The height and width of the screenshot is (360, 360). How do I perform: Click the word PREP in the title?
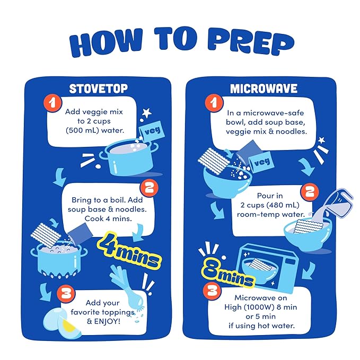tap(251, 42)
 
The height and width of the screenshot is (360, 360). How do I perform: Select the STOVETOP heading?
tap(98, 89)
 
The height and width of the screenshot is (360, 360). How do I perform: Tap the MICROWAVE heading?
tap(264, 89)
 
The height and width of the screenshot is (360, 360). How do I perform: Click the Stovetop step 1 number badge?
tap(53, 103)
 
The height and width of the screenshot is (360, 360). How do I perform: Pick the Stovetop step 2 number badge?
tap(149, 188)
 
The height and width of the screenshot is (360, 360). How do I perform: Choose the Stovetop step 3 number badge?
tap(66, 294)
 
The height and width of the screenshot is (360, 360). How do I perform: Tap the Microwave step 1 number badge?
tap(214, 103)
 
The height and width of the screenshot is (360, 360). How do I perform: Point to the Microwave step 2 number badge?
tap(310, 192)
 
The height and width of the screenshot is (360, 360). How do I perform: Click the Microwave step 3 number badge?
tap(212, 291)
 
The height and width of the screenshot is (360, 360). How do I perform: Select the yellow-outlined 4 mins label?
tap(129, 251)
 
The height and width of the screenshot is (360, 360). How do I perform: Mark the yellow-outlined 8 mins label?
tap(228, 272)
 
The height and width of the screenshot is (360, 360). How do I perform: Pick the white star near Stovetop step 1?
tap(146, 113)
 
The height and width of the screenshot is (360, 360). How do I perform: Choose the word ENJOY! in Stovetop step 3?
tap(107, 321)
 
